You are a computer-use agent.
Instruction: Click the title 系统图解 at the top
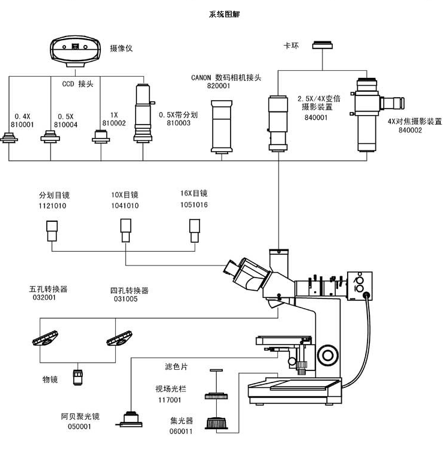[224, 14]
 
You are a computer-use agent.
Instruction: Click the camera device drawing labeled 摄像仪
[76, 52]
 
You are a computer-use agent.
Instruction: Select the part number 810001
[22, 125]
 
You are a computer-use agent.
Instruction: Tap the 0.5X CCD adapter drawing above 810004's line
[50, 136]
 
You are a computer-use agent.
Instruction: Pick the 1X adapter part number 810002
[114, 123]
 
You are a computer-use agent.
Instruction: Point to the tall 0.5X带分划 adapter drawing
[144, 113]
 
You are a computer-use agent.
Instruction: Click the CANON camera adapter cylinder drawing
[222, 126]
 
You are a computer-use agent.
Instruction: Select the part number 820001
[219, 86]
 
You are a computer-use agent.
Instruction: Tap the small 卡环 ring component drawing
[322, 45]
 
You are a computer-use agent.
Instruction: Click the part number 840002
[410, 130]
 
